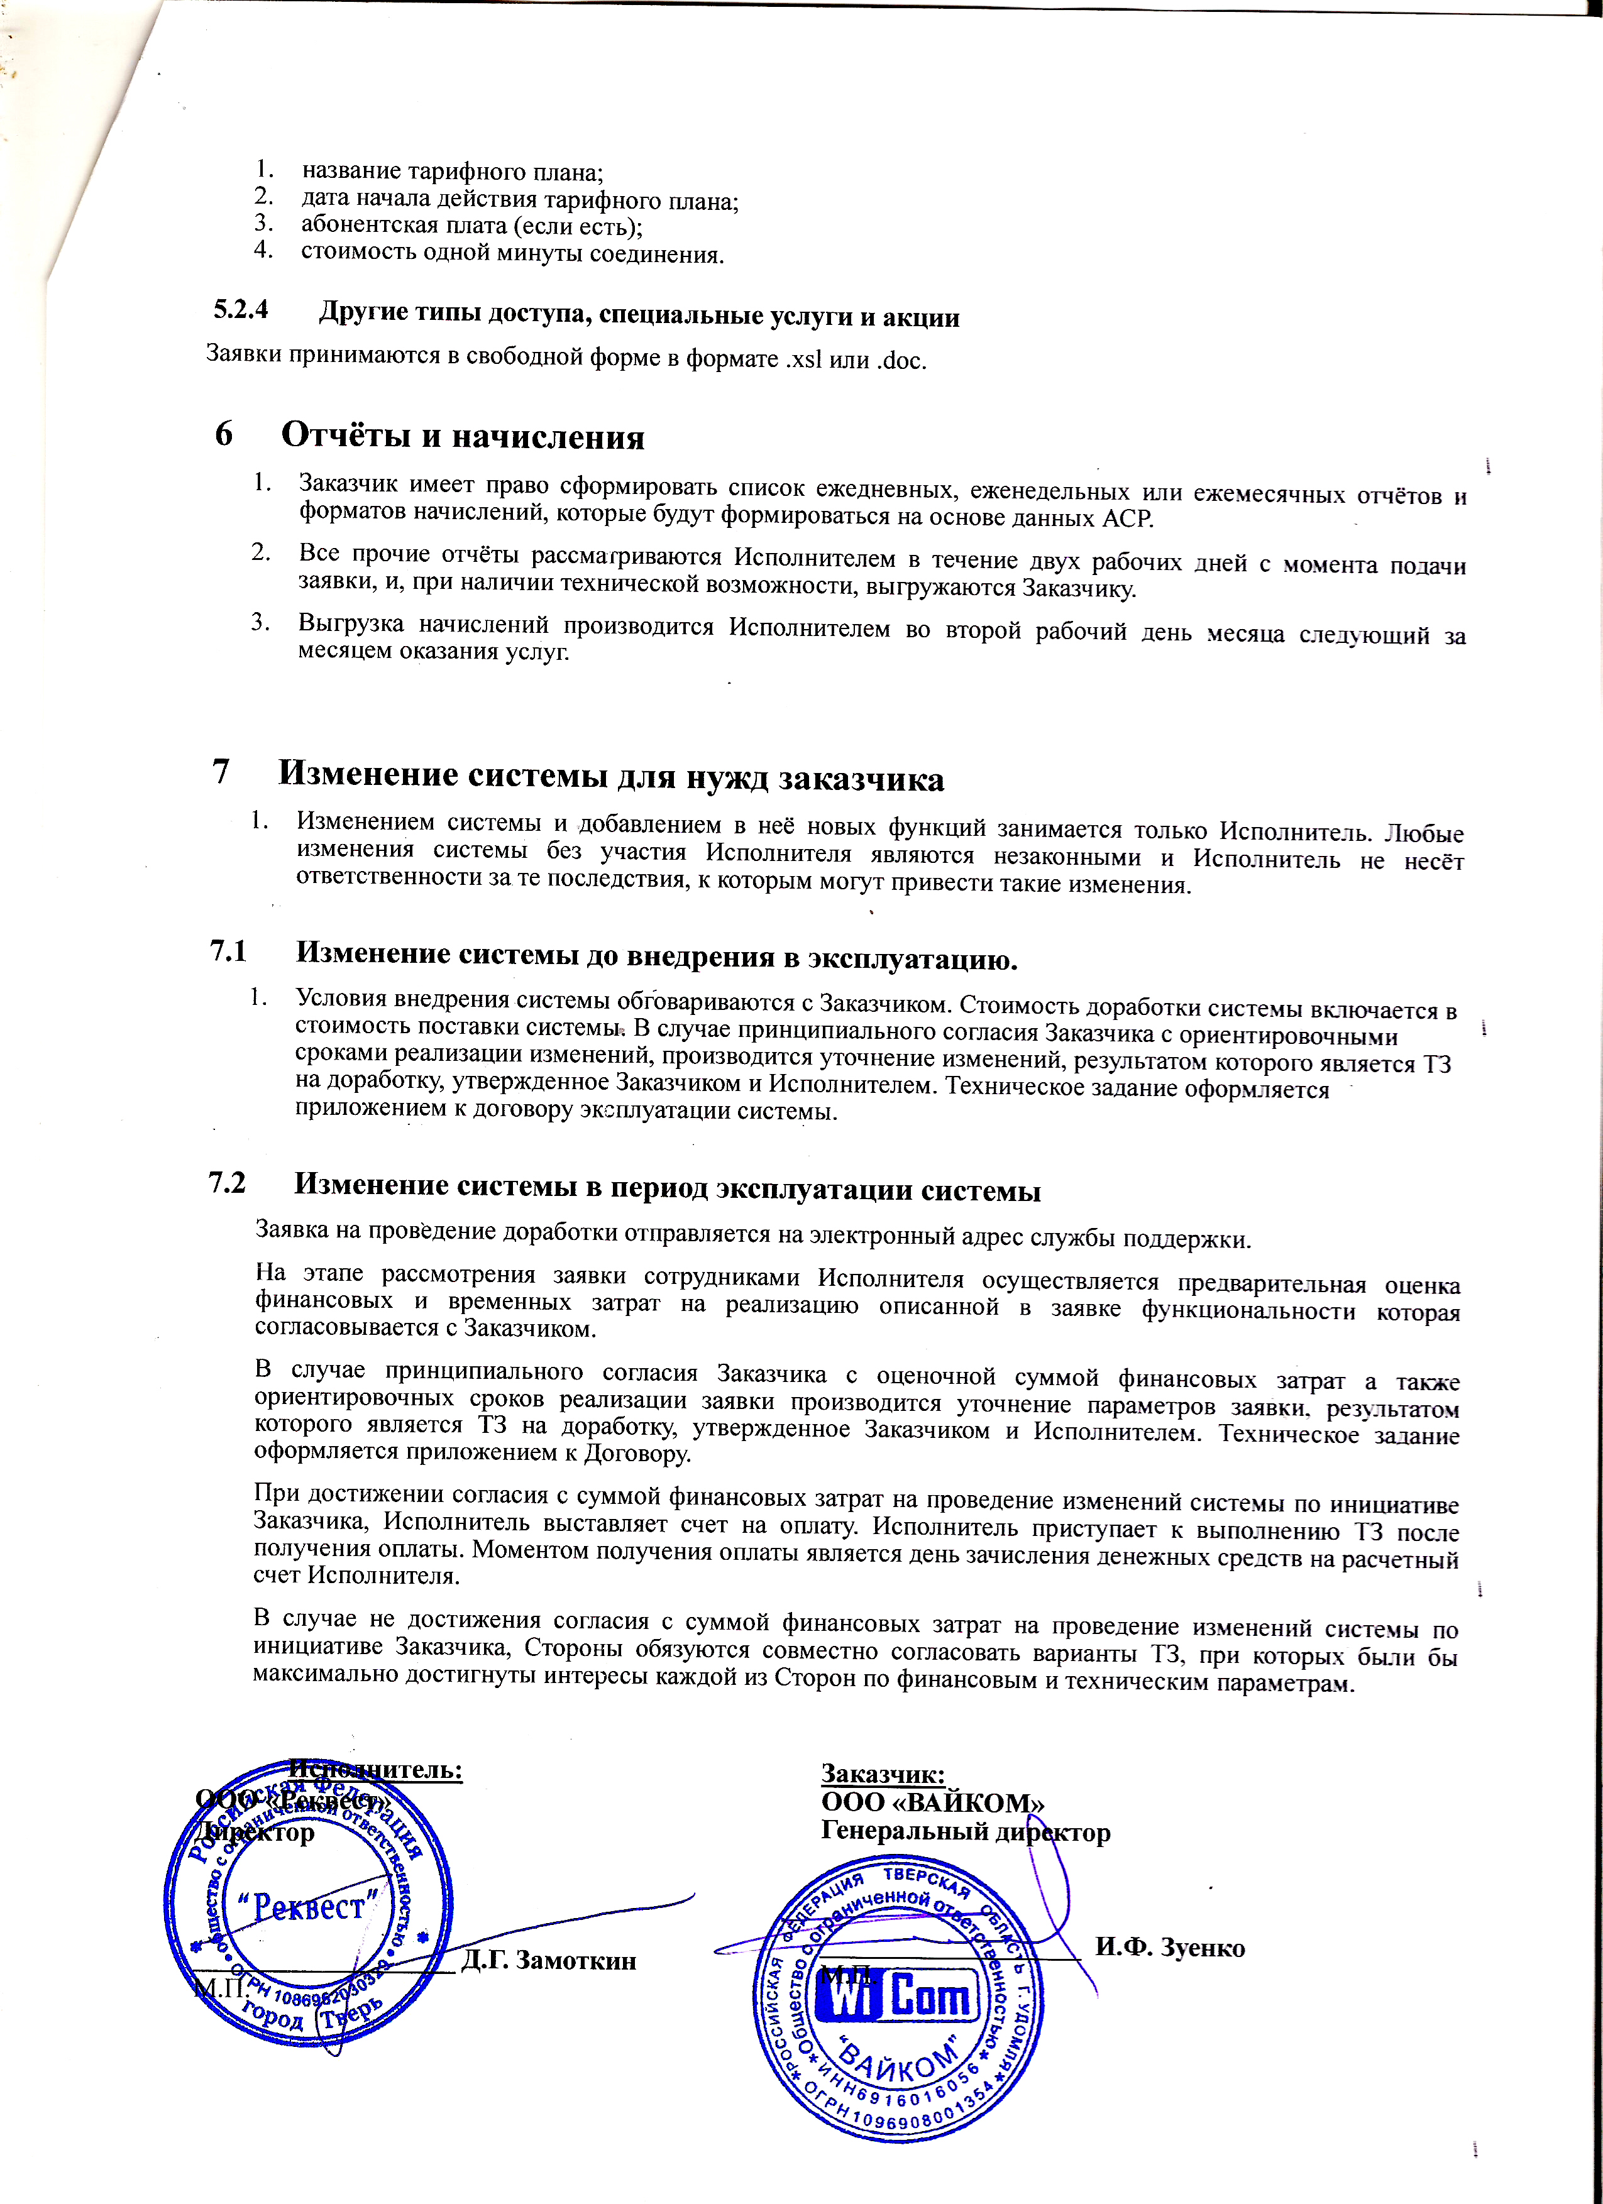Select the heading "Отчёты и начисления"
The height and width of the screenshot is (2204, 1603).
[x=463, y=437]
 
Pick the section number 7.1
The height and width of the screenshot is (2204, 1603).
[x=228, y=951]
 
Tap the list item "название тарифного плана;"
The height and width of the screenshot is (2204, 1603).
[x=452, y=172]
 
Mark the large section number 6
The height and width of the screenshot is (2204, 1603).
[x=224, y=434]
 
